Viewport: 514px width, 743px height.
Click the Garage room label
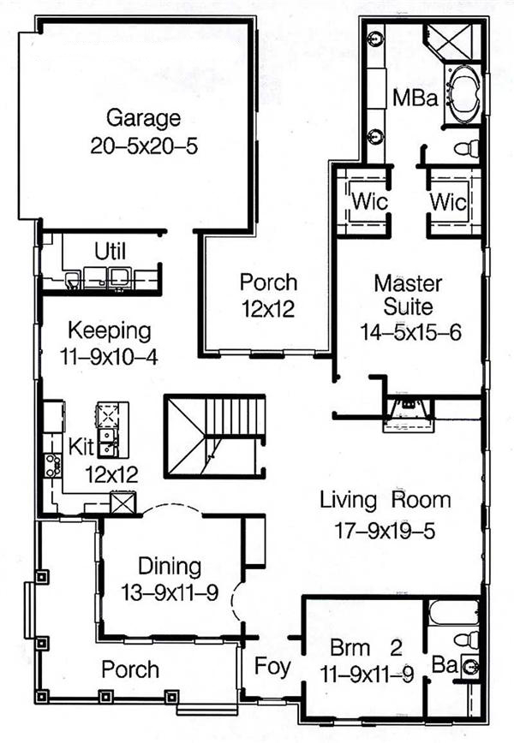pyautogui.click(x=143, y=118)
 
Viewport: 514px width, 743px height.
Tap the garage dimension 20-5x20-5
pyautogui.click(x=144, y=146)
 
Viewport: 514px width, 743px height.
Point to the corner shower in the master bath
pyautogui.click(x=454, y=41)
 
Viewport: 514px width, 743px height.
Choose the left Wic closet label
pyautogui.click(x=370, y=201)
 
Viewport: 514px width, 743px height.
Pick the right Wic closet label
pyautogui.click(x=448, y=202)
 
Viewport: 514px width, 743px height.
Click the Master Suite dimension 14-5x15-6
pyautogui.click(x=410, y=333)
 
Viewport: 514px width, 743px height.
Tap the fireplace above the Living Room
pyautogui.click(x=409, y=414)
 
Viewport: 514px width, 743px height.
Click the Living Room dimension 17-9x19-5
pyautogui.click(x=385, y=531)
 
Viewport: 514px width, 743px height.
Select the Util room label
pyautogui.click(x=110, y=252)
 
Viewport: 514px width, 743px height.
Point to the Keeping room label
pyautogui.click(x=110, y=331)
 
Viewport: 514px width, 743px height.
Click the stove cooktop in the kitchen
pyautogui.click(x=52, y=465)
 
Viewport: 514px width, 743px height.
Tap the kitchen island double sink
pyautogui.click(x=108, y=442)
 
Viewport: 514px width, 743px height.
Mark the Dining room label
pyautogui.click(x=170, y=567)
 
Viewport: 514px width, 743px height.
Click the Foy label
pyautogui.click(x=272, y=667)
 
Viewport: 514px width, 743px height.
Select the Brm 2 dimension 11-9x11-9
pyautogui.click(x=367, y=675)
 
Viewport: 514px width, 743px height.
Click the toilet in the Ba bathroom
pyautogui.click(x=467, y=639)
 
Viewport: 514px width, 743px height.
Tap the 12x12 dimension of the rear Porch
pyautogui.click(x=268, y=309)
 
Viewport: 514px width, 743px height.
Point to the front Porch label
pyautogui.click(x=130, y=669)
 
